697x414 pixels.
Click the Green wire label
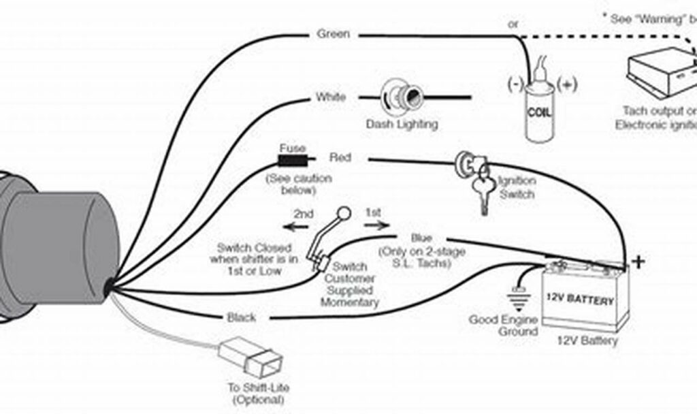[x=334, y=34]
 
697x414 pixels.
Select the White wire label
[x=331, y=97]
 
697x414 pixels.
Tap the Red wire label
[x=340, y=158]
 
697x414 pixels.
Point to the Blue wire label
[x=421, y=238]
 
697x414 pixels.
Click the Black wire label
[x=241, y=317]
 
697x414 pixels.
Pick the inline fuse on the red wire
[x=291, y=161]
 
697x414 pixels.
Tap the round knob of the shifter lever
[x=344, y=214]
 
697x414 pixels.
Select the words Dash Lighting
[x=402, y=125]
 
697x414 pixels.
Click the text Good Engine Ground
[x=504, y=325]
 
